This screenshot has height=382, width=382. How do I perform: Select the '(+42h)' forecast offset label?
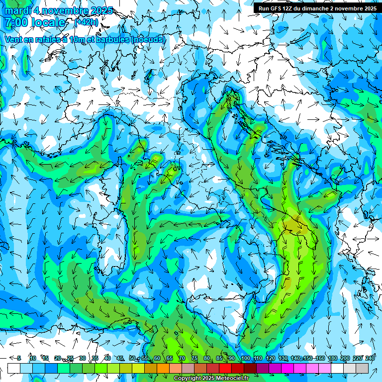pyautogui.click(x=86, y=22)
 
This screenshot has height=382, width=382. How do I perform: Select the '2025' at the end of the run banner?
pyautogui.click(x=369, y=8)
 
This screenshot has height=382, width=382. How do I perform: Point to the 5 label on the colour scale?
pyautogui.click(x=19, y=358)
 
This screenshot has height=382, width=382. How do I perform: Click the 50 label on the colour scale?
pyautogui.click(x=132, y=358)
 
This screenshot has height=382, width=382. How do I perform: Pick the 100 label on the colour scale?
pyautogui.click(x=245, y=358)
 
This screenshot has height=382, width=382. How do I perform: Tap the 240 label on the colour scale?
pyautogui.click(x=370, y=358)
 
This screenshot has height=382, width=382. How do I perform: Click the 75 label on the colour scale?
pyautogui.click(x=194, y=358)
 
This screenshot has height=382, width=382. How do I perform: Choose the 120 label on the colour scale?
pyautogui.click(x=270, y=358)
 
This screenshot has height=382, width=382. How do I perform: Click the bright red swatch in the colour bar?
pyautogui.click(x=225, y=368)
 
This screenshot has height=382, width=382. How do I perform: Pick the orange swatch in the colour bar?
pyautogui.click(x=163, y=368)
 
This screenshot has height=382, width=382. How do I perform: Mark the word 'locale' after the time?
pyautogui.click(x=47, y=22)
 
